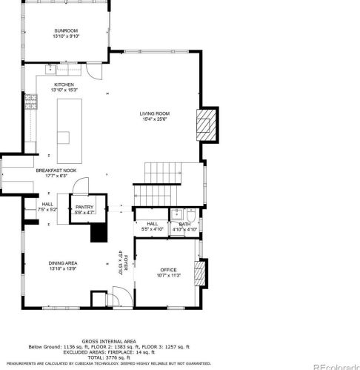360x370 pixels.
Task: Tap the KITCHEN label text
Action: click(65, 85)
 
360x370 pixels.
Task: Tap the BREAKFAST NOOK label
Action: click(56, 171)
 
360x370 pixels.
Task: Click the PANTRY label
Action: click(84, 208)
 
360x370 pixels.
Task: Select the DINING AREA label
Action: click(64, 264)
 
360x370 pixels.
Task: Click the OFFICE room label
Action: click(169, 270)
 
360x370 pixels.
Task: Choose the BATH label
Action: click(184, 224)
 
